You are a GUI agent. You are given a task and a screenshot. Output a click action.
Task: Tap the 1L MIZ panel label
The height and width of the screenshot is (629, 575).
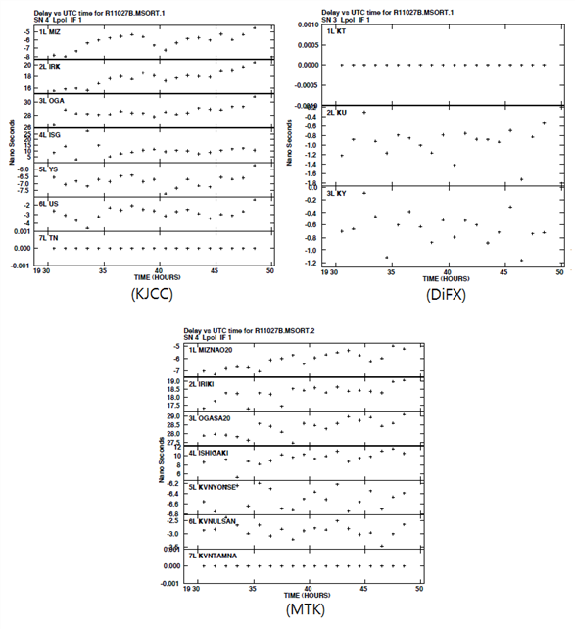(49, 31)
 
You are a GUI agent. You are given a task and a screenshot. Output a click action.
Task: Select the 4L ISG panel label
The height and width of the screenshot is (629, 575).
(49, 134)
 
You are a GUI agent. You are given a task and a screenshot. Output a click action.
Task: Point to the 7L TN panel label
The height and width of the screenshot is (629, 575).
(48, 238)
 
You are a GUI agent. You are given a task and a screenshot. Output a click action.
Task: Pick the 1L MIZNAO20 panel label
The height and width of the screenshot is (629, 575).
(217, 349)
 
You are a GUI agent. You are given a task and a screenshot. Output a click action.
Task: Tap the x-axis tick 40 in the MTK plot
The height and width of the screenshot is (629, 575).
(309, 590)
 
